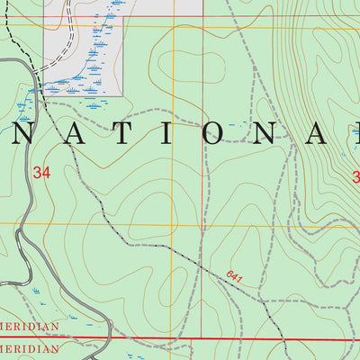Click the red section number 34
pyautogui.click(x=40, y=172)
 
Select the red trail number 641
pyautogui.click(x=236, y=277)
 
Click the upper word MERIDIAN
pyautogui.click(x=30, y=326)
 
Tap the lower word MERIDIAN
pyautogui.click(x=30, y=348)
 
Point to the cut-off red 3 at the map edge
pyautogui.click(x=355, y=175)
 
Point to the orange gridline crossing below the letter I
pyautogui.click(x=174, y=224)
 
